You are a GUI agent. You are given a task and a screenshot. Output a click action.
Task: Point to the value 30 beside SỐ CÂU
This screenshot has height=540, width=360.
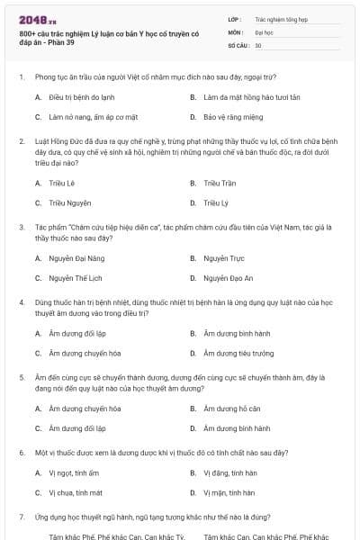pos(258,45)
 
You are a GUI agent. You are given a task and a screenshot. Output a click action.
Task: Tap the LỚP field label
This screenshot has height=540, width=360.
pos(235,18)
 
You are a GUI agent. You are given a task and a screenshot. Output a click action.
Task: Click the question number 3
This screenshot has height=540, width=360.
pos(21,228)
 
